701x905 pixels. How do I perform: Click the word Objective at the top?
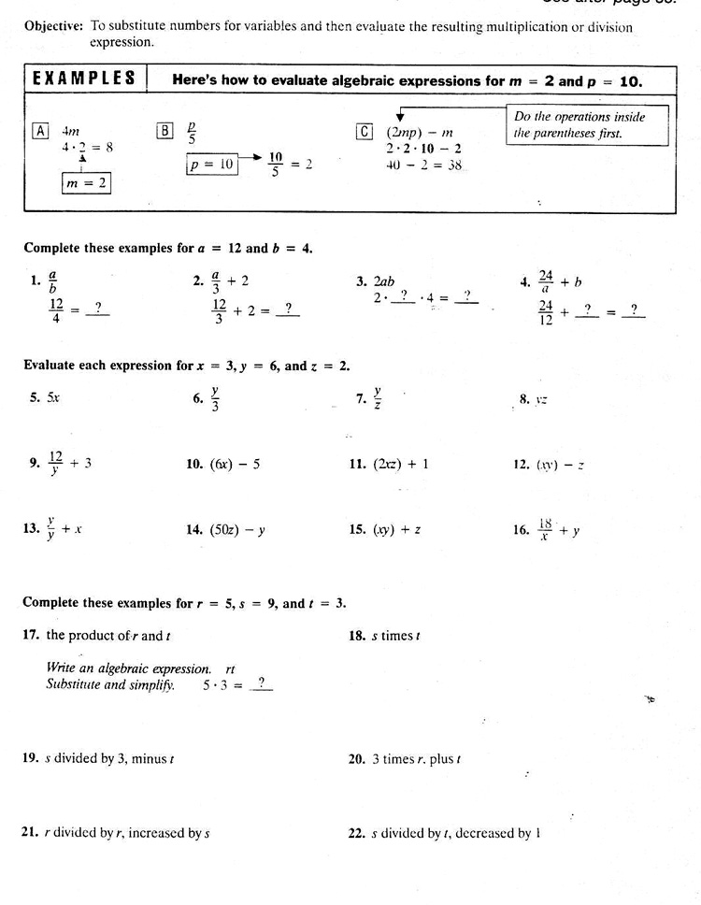click(55, 26)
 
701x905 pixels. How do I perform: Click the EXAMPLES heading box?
click(83, 79)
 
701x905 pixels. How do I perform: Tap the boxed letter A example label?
click(41, 131)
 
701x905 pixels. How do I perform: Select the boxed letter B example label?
click(165, 131)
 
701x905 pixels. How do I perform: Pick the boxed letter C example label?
click(365, 132)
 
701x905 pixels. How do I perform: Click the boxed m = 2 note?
click(85, 183)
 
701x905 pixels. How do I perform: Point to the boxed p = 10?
click(211, 165)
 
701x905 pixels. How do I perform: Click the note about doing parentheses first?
click(589, 125)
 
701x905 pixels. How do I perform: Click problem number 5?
click(35, 397)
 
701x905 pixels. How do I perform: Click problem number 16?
click(521, 530)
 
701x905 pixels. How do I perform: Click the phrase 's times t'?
click(396, 636)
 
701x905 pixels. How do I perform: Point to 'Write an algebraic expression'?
click(129, 668)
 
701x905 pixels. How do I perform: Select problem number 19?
click(30, 758)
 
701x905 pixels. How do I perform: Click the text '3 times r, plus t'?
click(417, 759)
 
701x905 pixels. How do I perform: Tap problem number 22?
click(356, 833)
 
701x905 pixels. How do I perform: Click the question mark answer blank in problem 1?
click(97, 307)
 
